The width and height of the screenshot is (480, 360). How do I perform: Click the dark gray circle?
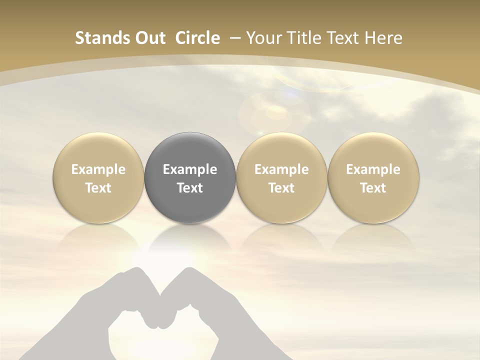[190, 150]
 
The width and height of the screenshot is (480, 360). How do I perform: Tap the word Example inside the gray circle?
[190, 169]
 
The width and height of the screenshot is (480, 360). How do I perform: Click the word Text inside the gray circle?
[190, 188]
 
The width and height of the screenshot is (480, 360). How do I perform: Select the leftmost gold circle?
[98, 150]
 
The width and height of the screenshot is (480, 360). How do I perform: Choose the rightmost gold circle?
[373, 150]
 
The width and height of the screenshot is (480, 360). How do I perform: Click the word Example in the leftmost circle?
[98, 169]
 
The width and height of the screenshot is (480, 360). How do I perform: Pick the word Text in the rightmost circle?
[373, 188]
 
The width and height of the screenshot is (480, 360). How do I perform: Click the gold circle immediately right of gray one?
[281, 150]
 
